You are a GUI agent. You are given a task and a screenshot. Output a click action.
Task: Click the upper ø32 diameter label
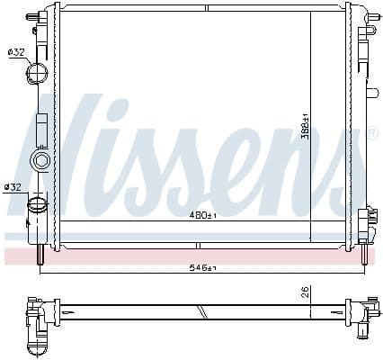pyautogui.click(x=15, y=52)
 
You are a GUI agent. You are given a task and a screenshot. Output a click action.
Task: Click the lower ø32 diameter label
pyautogui.click(x=13, y=187)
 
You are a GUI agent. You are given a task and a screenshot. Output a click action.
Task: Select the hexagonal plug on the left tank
pyautogui.click(x=40, y=161)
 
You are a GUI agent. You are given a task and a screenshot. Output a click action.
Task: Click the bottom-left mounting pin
pyautogui.click(x=40, y=256)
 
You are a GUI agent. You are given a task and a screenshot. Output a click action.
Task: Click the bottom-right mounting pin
pyautogui.click(x=362, y=256)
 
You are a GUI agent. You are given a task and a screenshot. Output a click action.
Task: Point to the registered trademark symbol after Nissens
pyautogui.click(x=371, y=134)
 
